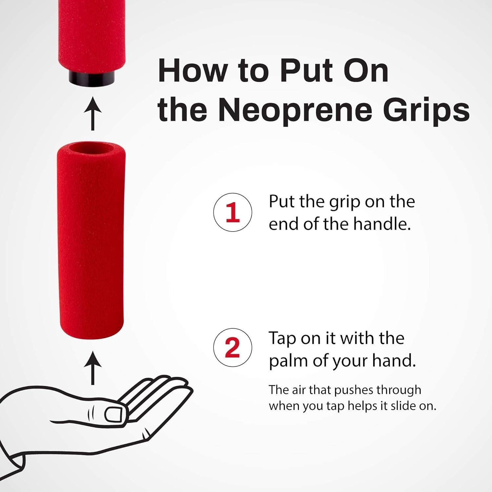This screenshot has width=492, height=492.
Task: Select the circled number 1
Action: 233,212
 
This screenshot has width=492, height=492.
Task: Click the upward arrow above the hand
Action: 92,368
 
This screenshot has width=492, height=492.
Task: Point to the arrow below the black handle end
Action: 92,113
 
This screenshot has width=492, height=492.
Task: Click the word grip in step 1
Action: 344,202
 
